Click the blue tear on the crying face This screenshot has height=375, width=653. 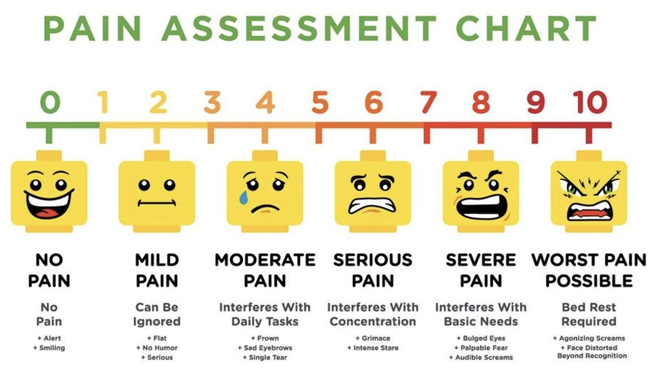point(244,197)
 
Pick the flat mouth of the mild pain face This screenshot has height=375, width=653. point(156,203)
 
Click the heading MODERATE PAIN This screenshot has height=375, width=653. point(265,270)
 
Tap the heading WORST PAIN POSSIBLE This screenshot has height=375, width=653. point(589,270)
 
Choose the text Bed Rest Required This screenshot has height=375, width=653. point(589,314)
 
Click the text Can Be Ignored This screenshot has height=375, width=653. point(156,314)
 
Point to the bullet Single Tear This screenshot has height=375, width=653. point(265,357)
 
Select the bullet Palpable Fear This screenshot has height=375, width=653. point(481,348)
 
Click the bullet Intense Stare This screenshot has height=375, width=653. point(373,348)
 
